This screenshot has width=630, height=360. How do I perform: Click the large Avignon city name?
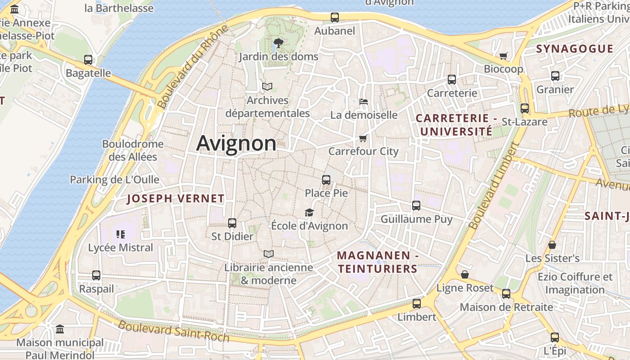tap(236, 144)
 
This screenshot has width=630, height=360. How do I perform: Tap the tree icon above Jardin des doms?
tap(278, 43)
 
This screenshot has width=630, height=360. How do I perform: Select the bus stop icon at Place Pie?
tap(326, 180)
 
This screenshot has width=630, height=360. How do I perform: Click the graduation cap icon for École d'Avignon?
tap(309, 212)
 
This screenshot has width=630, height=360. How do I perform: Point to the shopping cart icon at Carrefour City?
tap(363, 138)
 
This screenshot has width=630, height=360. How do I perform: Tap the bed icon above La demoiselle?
tap(364, 102)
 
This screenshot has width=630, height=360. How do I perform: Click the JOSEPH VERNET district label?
tap(175, 198)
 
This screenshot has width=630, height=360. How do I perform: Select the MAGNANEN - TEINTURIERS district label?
tap(378, 262)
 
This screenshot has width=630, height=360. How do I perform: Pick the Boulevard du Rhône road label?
tap(193, 67)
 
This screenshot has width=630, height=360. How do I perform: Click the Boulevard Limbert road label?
tap(494, 185)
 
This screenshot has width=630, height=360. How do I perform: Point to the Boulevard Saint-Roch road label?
tap(174, 331)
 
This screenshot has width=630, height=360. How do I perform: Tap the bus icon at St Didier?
tap(232, 223)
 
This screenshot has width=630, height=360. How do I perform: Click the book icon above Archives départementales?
tap(267, 86)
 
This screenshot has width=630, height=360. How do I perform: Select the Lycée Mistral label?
tap(121, 247)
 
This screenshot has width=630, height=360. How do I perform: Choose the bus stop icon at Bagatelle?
tap(88, 60)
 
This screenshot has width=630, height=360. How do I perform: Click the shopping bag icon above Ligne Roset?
tap(465, 274)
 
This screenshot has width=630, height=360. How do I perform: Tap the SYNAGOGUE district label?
tap(575, 49)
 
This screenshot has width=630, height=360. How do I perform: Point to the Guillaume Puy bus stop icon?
tap(416, 206)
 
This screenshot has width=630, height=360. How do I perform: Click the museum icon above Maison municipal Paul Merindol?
tap(60, 329)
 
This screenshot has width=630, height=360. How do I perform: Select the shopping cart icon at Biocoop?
tap(503, 56)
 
